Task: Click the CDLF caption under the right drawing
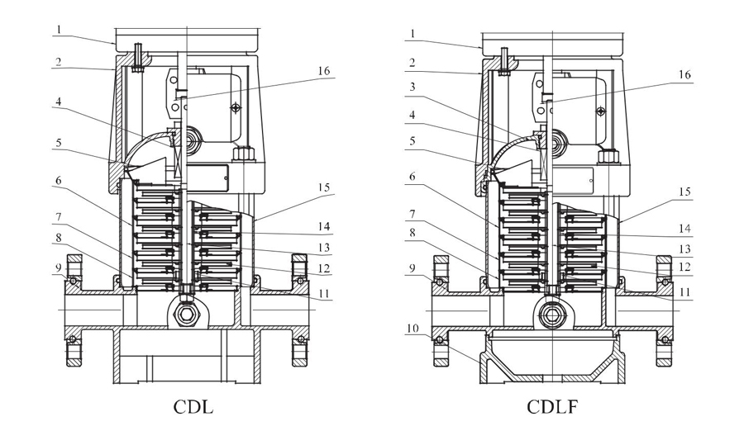[x=552, y=406]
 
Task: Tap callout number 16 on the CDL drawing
[x=323, y=71]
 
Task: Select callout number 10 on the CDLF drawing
[x=413, y=328]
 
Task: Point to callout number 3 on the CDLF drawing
[x=413, y=86]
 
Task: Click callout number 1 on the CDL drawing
[x=59, y=30]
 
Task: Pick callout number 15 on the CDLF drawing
[x=684, y=192]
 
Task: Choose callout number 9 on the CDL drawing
[x=59, y=267]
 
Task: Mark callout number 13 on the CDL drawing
[x=324, y=248]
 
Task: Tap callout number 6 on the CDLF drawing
[x=413, y=177]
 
